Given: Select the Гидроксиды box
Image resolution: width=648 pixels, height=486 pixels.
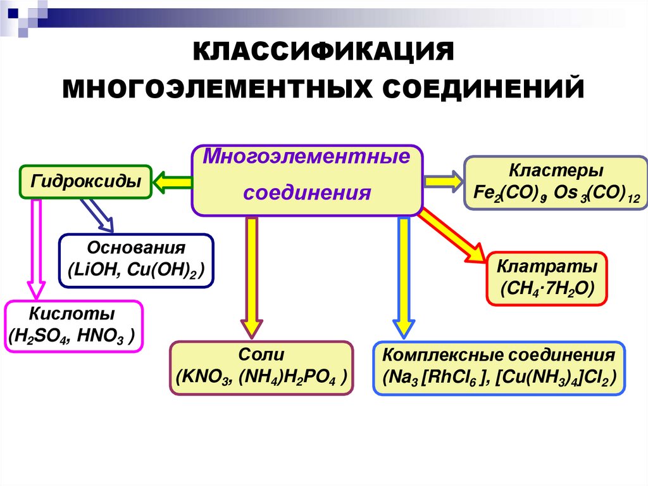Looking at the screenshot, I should (86, 182).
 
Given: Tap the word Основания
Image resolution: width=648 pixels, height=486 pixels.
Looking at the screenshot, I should (136, 248).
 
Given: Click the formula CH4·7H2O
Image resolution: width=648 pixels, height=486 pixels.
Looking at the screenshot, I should (546, 288).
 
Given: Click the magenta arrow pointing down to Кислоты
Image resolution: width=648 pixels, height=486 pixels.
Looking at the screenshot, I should (36, 247).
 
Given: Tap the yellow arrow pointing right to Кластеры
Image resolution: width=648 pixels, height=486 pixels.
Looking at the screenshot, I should (443, 181).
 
